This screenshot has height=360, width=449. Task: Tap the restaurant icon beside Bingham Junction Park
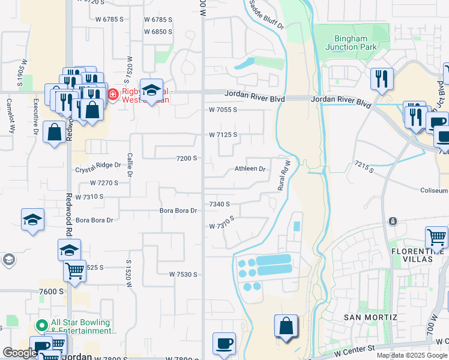click(x=382, y=79)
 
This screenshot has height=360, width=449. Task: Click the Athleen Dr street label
click(x=250, y=169)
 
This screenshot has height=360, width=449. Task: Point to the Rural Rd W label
click(x=284, y=175)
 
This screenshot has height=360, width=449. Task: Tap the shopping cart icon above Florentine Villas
click(x=436, y=237)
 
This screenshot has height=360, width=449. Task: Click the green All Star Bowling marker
click(x=41, y=326)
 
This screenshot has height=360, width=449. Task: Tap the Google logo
click(x=20, y=353)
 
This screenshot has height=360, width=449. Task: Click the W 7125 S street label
click(x=223, y=134)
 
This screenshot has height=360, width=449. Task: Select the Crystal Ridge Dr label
click(x=94, y=170)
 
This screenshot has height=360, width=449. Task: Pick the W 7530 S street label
click(x=183, y=274)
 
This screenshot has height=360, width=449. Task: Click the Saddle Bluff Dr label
click(x=266, y=19)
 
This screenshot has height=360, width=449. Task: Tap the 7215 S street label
click(x=363, y=166)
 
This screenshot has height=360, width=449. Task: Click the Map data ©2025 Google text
click(x=412, y=355)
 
